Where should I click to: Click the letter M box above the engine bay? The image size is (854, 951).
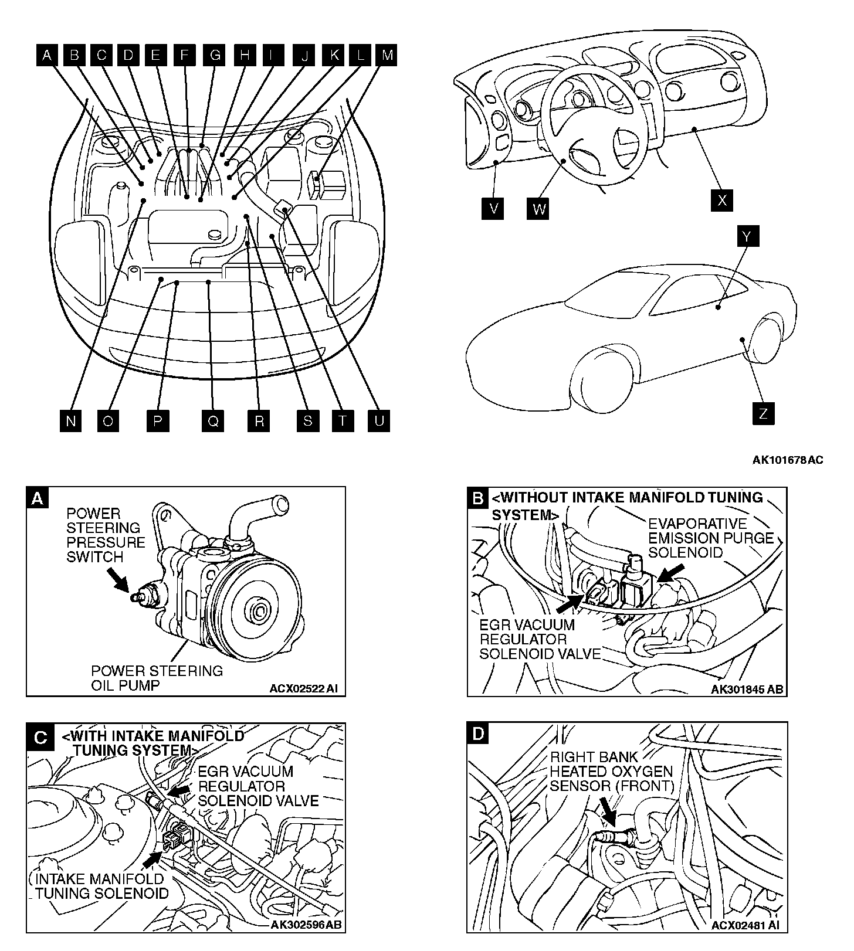[x=387, y=55]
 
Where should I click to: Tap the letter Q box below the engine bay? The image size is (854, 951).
[x=213, y=421]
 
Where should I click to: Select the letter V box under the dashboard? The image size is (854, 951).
[x=493, y=208]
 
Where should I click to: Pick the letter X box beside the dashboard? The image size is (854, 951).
[x=721, y=200]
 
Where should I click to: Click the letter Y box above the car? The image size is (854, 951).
[x=747, y=236]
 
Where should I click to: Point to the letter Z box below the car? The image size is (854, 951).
[x=762, y=413]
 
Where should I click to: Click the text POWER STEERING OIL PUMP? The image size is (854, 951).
[x=157, y=678]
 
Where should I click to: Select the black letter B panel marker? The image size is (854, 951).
[x=478, y=498]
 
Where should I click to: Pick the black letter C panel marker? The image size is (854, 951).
[x=39, y=736]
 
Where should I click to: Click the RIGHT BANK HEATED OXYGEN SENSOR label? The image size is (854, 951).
[x=611, y=771]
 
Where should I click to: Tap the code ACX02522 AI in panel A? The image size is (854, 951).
[x=303, y=688]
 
